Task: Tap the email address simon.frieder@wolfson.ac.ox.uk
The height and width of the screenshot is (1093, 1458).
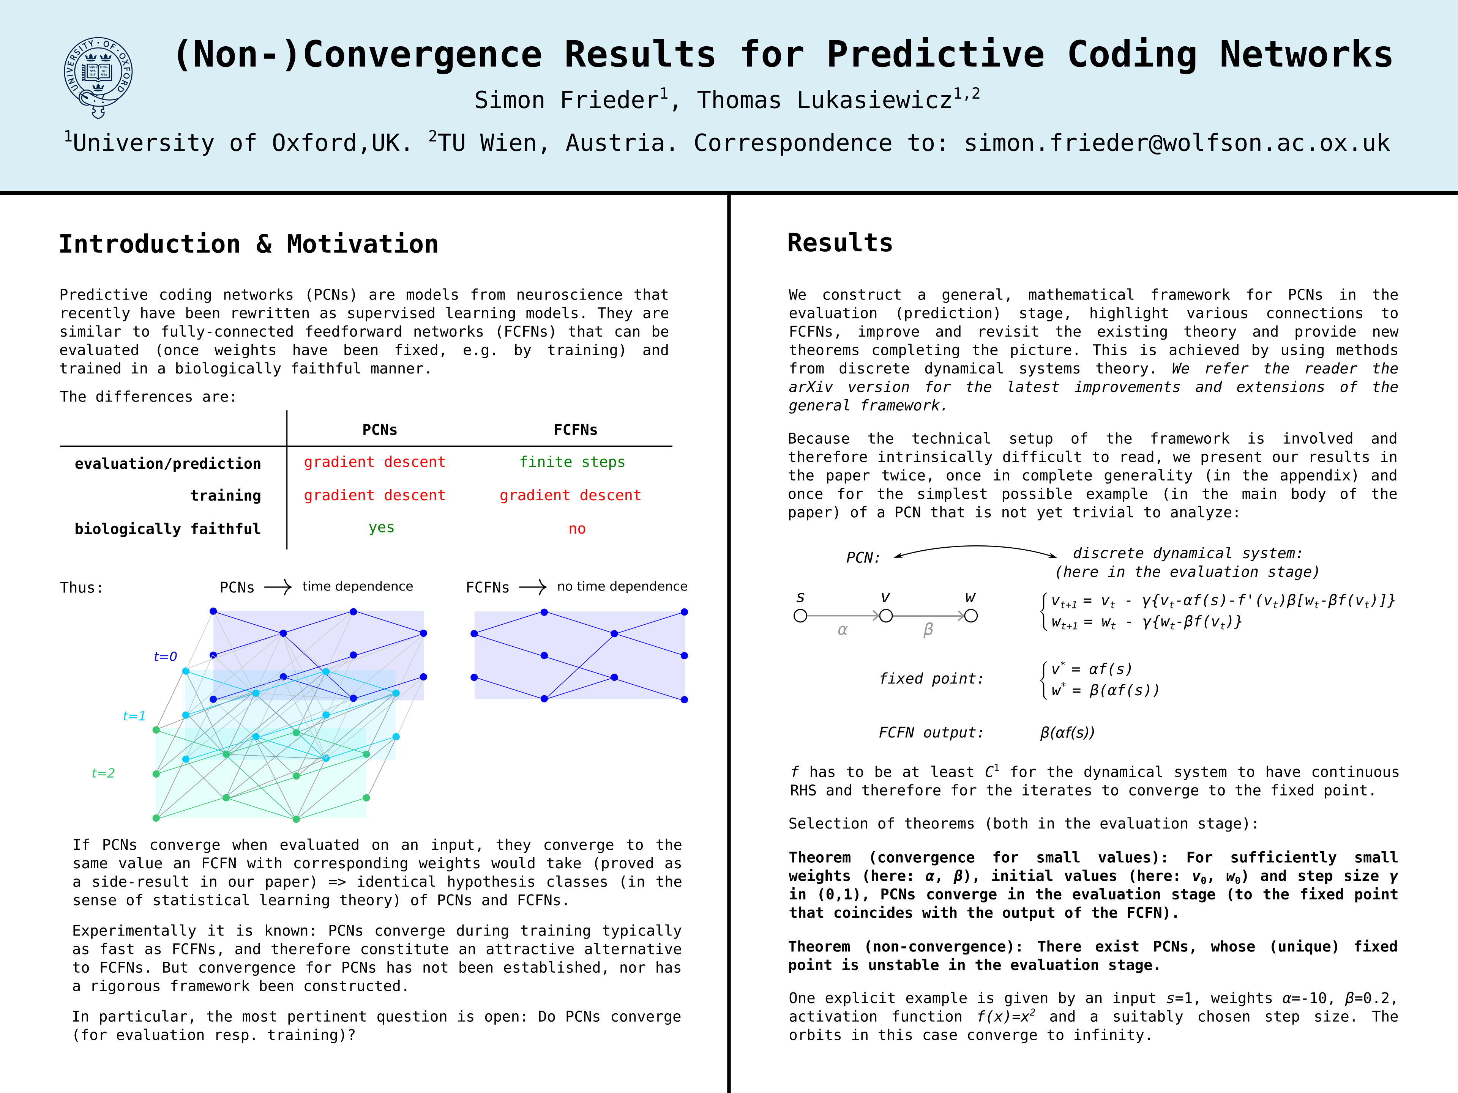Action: point(1177,143)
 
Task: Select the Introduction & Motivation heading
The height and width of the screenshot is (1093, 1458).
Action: point(248,244)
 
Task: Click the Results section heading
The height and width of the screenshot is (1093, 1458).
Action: point(840,243)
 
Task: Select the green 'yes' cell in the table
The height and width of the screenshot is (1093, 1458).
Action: point(381,528)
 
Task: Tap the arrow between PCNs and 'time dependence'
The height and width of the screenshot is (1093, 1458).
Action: point(278,587)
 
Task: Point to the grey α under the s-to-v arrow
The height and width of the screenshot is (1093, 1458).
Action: point(843,630)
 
